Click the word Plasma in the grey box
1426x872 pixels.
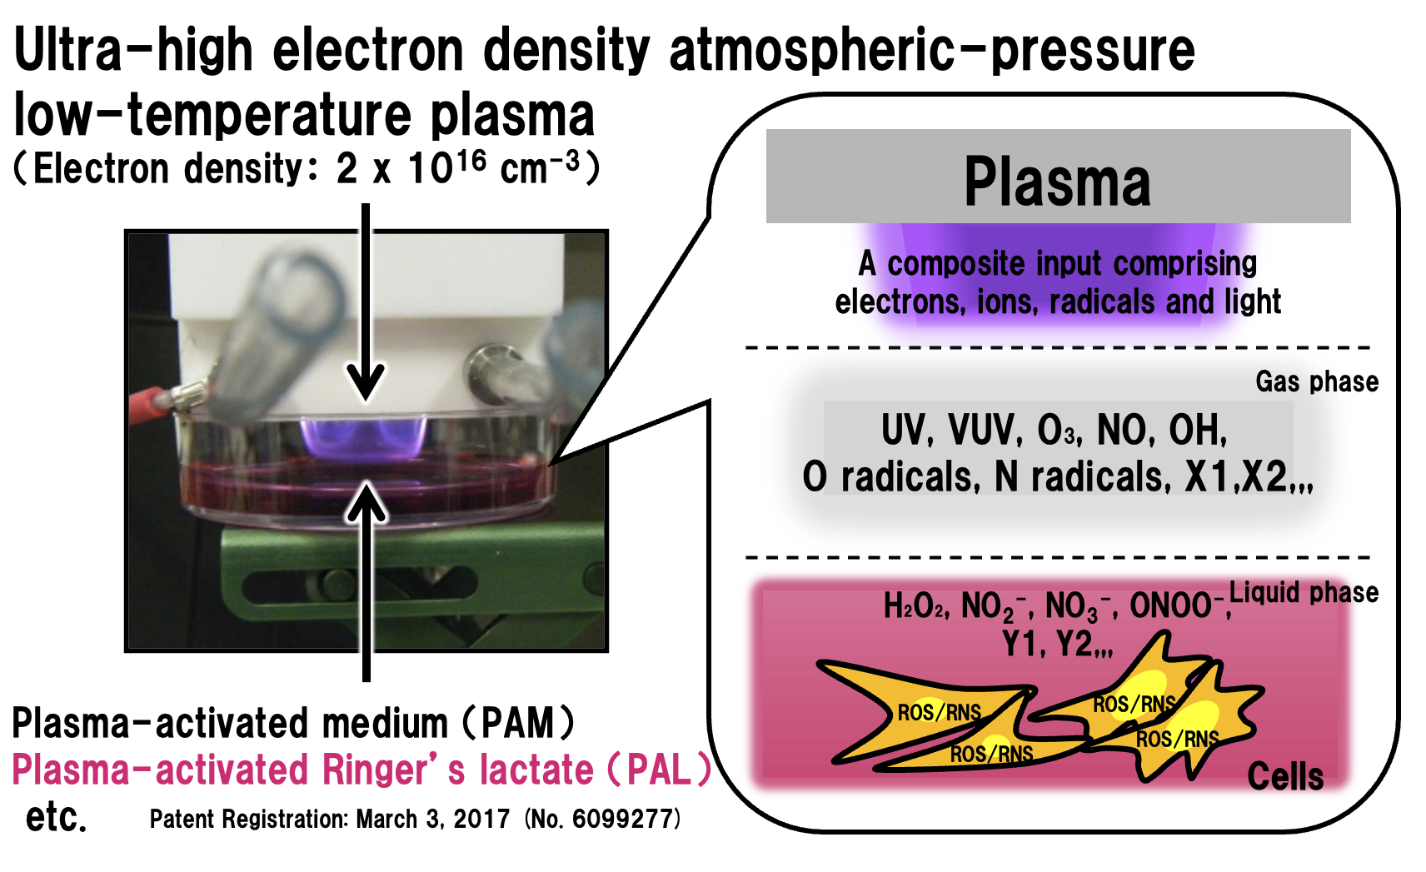click(1057, 182)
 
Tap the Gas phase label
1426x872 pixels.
click(1317, 382)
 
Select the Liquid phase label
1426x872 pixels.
click(1304, 593)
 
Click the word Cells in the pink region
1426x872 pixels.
click(1285, 776)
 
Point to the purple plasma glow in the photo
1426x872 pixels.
click(363, 436)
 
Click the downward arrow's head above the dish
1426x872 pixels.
click(366, 382)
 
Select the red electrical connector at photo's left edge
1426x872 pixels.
click(152, 405)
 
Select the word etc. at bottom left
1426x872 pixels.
click(55, 817)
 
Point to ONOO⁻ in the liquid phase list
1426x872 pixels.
click(1178, 605)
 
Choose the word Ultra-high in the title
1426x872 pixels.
click(133, 50)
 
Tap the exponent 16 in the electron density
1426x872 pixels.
click(471, 161)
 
